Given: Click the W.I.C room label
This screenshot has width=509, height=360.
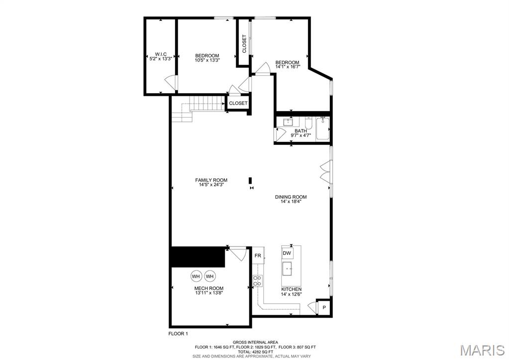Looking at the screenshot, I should [160, 54].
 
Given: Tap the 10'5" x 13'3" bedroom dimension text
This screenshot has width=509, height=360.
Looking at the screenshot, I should [207, 60].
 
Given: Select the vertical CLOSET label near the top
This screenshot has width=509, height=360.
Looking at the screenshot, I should [244, 44].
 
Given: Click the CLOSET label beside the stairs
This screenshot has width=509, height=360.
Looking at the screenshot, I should [238, 103].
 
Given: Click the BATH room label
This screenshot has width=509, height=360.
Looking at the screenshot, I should [300, 131].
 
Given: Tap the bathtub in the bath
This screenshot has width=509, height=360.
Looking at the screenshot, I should [323, 128].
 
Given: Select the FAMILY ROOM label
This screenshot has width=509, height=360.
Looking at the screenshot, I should [211, 180].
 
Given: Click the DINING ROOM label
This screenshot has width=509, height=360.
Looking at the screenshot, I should [291, 197].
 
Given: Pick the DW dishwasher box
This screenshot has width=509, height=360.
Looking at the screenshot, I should [287, 253].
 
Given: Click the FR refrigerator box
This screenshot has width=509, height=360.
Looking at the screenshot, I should [258, 255].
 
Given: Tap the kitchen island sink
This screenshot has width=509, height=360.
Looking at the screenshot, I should [287, 269].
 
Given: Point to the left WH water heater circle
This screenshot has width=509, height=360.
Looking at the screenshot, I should [196, 276].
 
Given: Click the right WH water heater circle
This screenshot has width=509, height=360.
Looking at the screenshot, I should [209, 276].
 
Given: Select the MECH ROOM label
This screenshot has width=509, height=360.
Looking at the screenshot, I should [208, 288].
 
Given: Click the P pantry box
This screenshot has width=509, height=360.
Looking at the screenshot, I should [324, 307].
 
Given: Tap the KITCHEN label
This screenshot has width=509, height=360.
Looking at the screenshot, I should [291, 289].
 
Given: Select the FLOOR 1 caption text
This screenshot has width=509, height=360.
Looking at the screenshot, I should [179, 334].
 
